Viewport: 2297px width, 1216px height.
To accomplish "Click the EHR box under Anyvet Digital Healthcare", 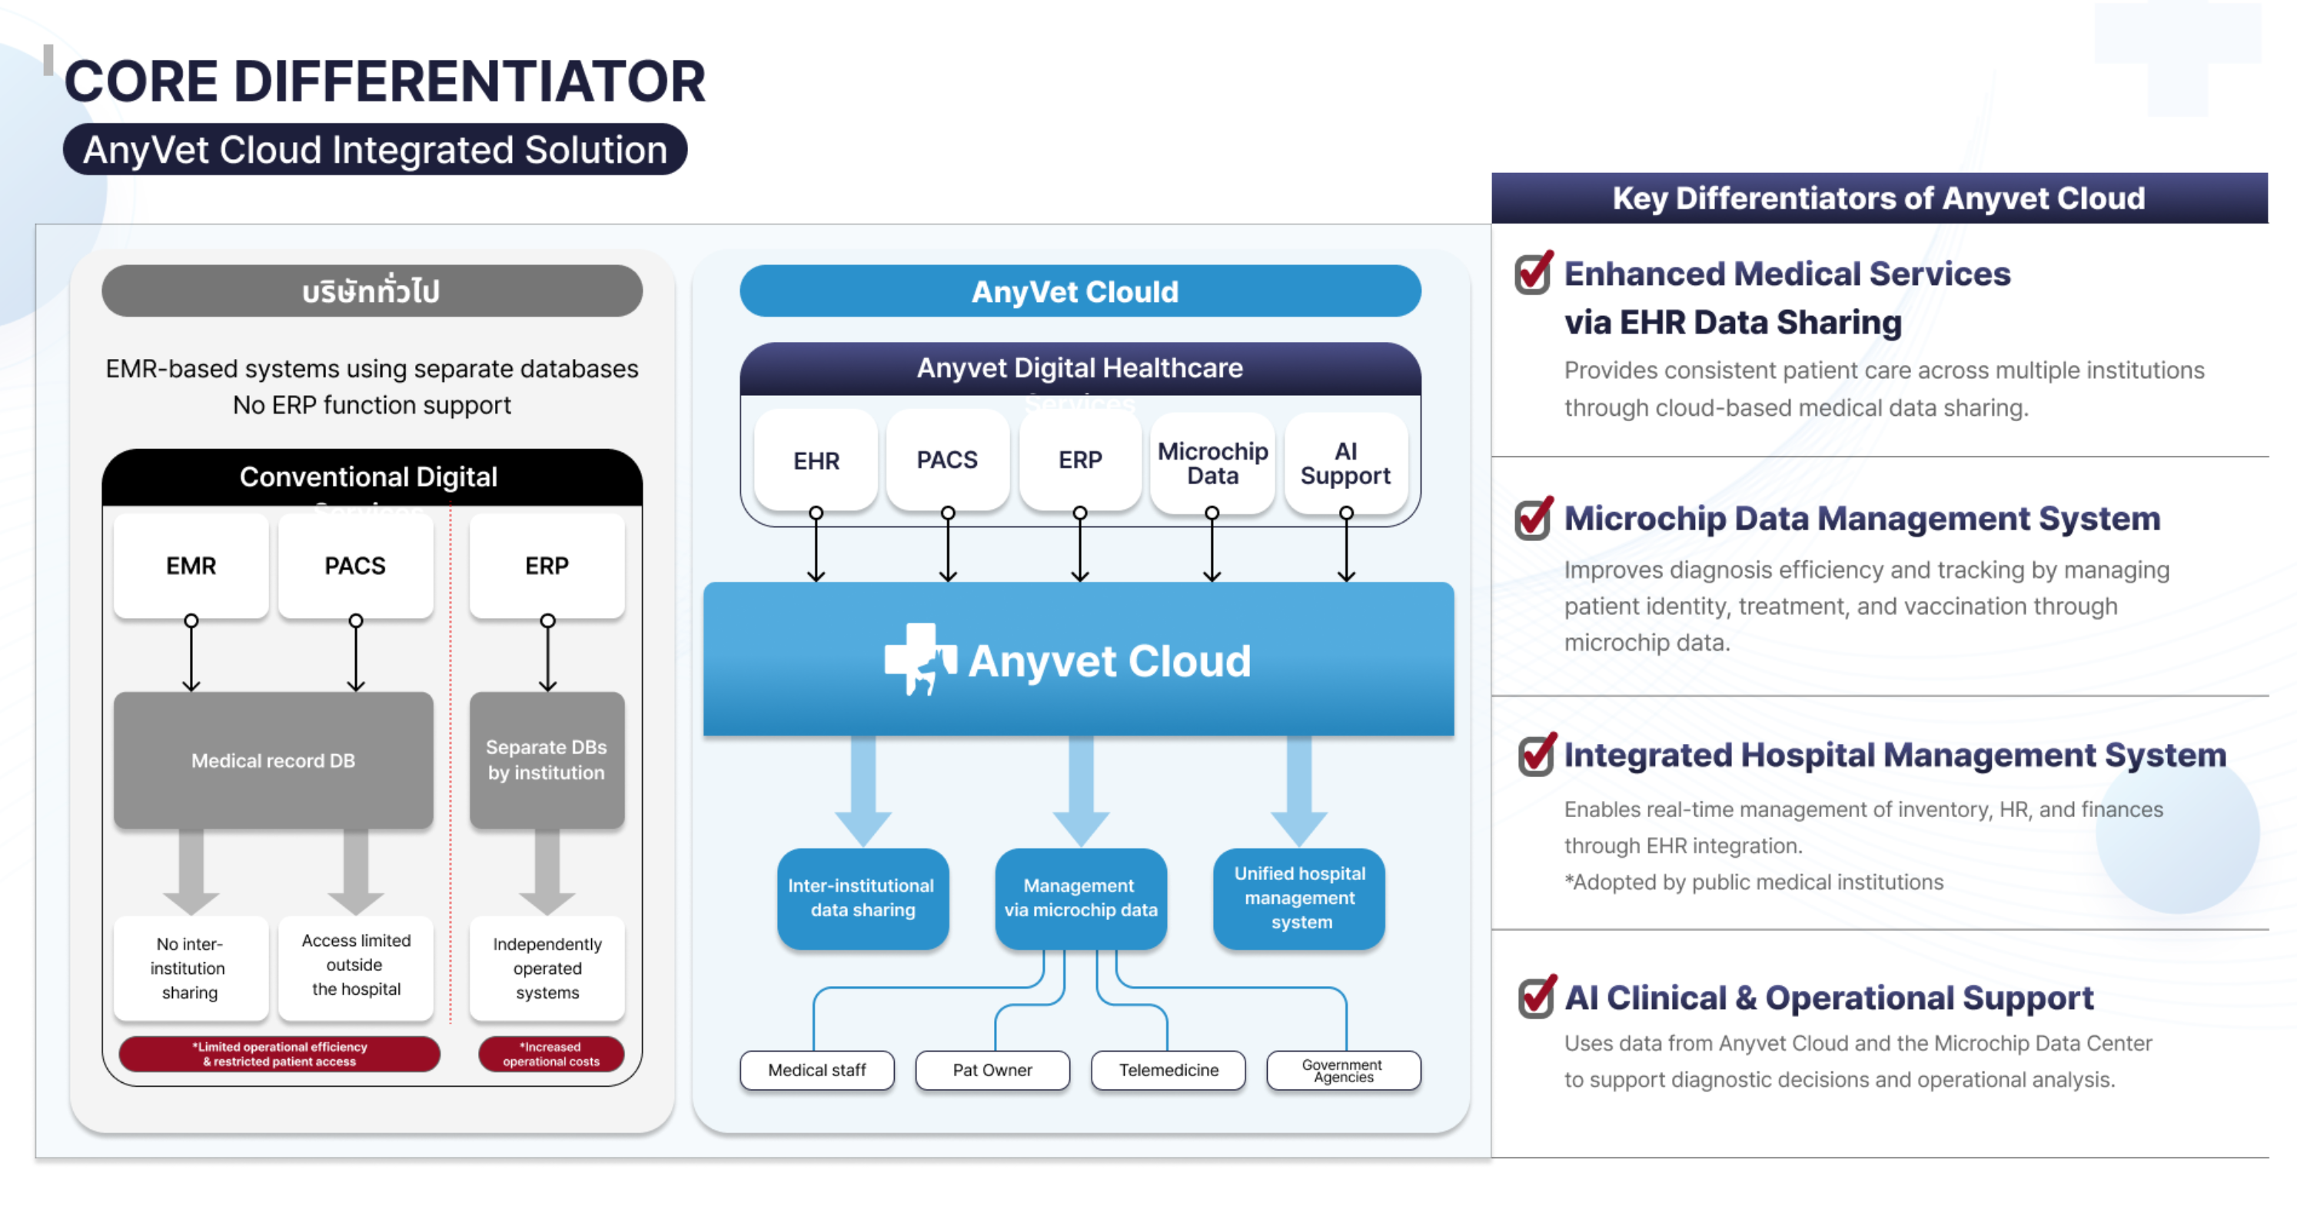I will (816, 460).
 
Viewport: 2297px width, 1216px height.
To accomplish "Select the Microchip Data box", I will (1212, 463).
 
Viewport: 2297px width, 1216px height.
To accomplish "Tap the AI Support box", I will (1345, 463).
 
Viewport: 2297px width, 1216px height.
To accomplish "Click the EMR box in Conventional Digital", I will (191, 565).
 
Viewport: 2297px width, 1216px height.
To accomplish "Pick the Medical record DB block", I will (273, 760).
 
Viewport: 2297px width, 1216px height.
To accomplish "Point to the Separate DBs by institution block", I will (547, 760).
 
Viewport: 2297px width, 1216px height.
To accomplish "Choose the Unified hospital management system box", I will (1299, 898).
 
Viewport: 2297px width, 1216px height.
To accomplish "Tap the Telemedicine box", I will (1168, 1070).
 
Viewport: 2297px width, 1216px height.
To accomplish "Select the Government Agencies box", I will (1343, 1070).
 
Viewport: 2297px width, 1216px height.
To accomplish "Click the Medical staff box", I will (817, 1070).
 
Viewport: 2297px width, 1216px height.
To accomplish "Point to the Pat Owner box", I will (992, 1070).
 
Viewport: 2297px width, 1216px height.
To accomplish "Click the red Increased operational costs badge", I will (551, 1054).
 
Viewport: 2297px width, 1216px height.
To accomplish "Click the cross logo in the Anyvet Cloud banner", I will (919, 658).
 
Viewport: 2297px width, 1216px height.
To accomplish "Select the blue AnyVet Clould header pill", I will (1080, 291).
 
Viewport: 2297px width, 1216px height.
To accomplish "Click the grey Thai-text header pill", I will (372, 291).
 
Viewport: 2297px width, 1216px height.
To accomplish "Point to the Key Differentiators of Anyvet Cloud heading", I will (1879, 198).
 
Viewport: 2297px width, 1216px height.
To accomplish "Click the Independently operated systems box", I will (547, 968).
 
